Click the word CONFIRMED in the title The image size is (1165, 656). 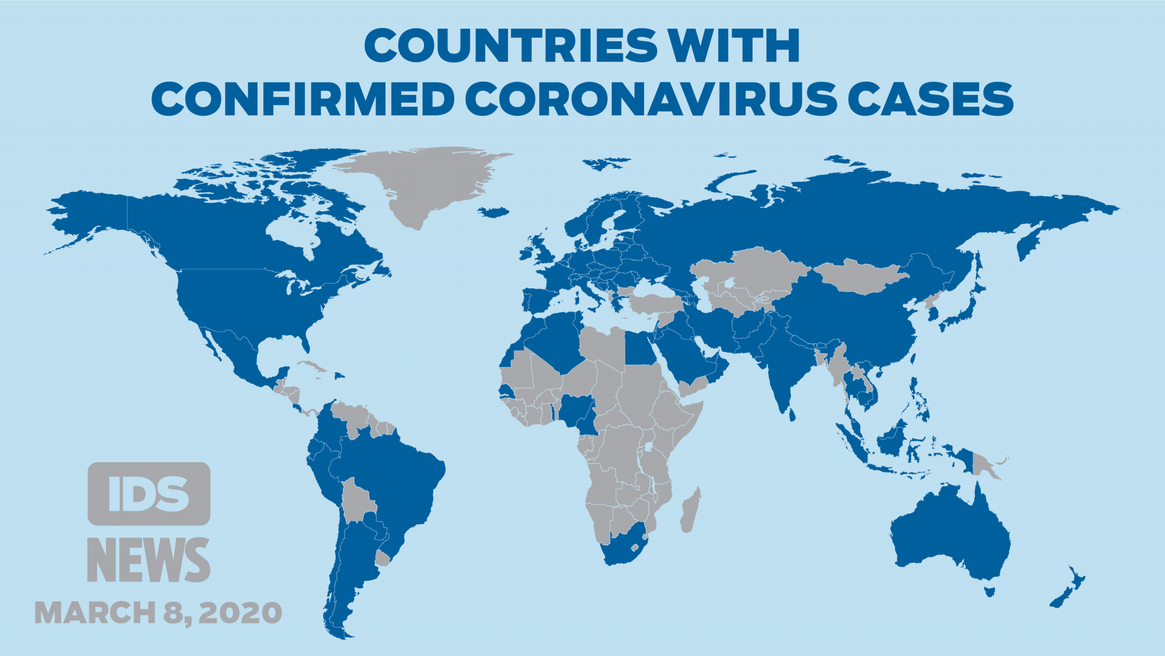302,99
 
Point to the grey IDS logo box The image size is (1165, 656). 149,494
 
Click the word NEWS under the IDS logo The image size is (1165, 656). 149,560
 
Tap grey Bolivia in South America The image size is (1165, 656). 356,501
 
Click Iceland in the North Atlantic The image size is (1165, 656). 494,212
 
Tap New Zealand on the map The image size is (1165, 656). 1069,588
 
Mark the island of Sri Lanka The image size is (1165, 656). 791,415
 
